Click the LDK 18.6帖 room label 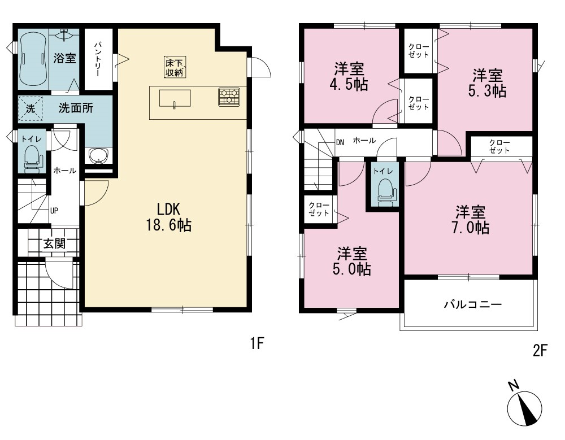click(168, 217)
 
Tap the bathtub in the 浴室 click(33, 58)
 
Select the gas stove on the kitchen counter click(229, 97)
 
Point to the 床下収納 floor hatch click(175, 67)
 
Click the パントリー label click(98, 59)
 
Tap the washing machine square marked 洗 click(31, 108)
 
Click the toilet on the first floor click(32, 158)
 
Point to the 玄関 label click(55, 244)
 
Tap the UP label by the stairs click(54, 211)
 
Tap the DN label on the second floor click(340, 142)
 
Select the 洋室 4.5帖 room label click(349, 76)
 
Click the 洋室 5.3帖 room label click(488, 83)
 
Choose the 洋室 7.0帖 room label click(471, 220)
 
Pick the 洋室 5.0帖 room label click(351, 262)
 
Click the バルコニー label click(472, 305)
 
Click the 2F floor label click(540, 350)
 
